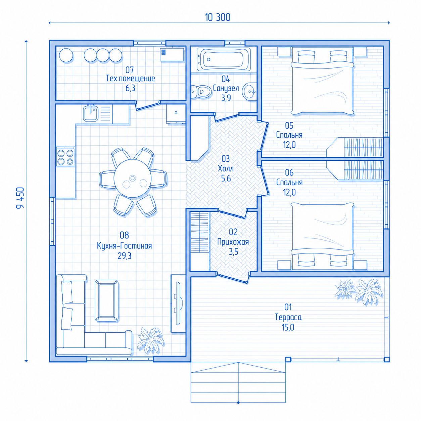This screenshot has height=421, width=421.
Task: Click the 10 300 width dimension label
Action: click(x=217, y=17)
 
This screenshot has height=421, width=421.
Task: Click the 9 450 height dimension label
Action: click(x=20, y=198)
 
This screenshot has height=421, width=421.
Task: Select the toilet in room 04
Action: click(x=201, y=92)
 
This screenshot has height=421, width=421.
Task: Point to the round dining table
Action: click(x=132, y=178)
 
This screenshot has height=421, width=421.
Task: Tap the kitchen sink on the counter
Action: click(x=91, y=113)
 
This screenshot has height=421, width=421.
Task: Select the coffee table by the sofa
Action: click(x=107, y=301)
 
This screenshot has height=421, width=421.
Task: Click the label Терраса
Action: click(x=288, y=317)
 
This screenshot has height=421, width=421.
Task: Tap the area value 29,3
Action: click(x=125, y=255)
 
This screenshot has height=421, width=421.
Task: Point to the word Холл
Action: click(x=226, y=169)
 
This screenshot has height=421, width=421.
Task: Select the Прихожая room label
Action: click(x=233, y=242)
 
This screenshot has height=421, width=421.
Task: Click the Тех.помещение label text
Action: click(x=130, y=79)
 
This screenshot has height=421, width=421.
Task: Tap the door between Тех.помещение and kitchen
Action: click(x=147, y=106)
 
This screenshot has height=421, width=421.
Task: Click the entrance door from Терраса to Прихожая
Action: click(x=233, y=278)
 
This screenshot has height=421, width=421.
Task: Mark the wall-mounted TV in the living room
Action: click(x=178, y=304)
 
